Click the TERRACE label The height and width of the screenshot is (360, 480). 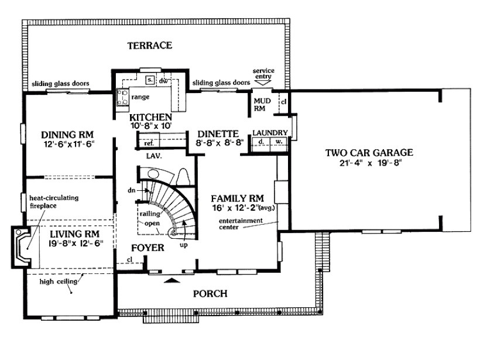[x=150, y=46]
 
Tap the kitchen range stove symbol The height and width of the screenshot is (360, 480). [x=123, y=97]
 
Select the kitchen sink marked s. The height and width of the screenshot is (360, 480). [x=150, y=80]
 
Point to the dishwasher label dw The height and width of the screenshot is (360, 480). [x=163, y=81]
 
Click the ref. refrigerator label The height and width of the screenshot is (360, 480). [x=149, y=143]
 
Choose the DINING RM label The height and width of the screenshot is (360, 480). [x=67, y=135]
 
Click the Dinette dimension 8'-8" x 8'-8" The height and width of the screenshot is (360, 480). [x=220, y=142]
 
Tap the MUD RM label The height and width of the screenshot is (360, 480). [x=262, y=104]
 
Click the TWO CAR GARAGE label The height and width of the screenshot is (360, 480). [x=369, y=152]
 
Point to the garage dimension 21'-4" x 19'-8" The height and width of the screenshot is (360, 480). [x=370, y=163]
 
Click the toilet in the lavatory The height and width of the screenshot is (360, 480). [x=184, y=177]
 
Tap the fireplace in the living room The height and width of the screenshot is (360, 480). [x=22, y=247]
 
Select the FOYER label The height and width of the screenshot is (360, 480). [x=148, y=248]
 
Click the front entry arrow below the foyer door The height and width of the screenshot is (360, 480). [x=172, y=280]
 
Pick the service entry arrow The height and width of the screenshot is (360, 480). [x=263, y=83]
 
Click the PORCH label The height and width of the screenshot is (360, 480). [x=210, y=294]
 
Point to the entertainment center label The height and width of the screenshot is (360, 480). [x=241, y=224]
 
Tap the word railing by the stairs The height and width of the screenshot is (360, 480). [x=150, y=214]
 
